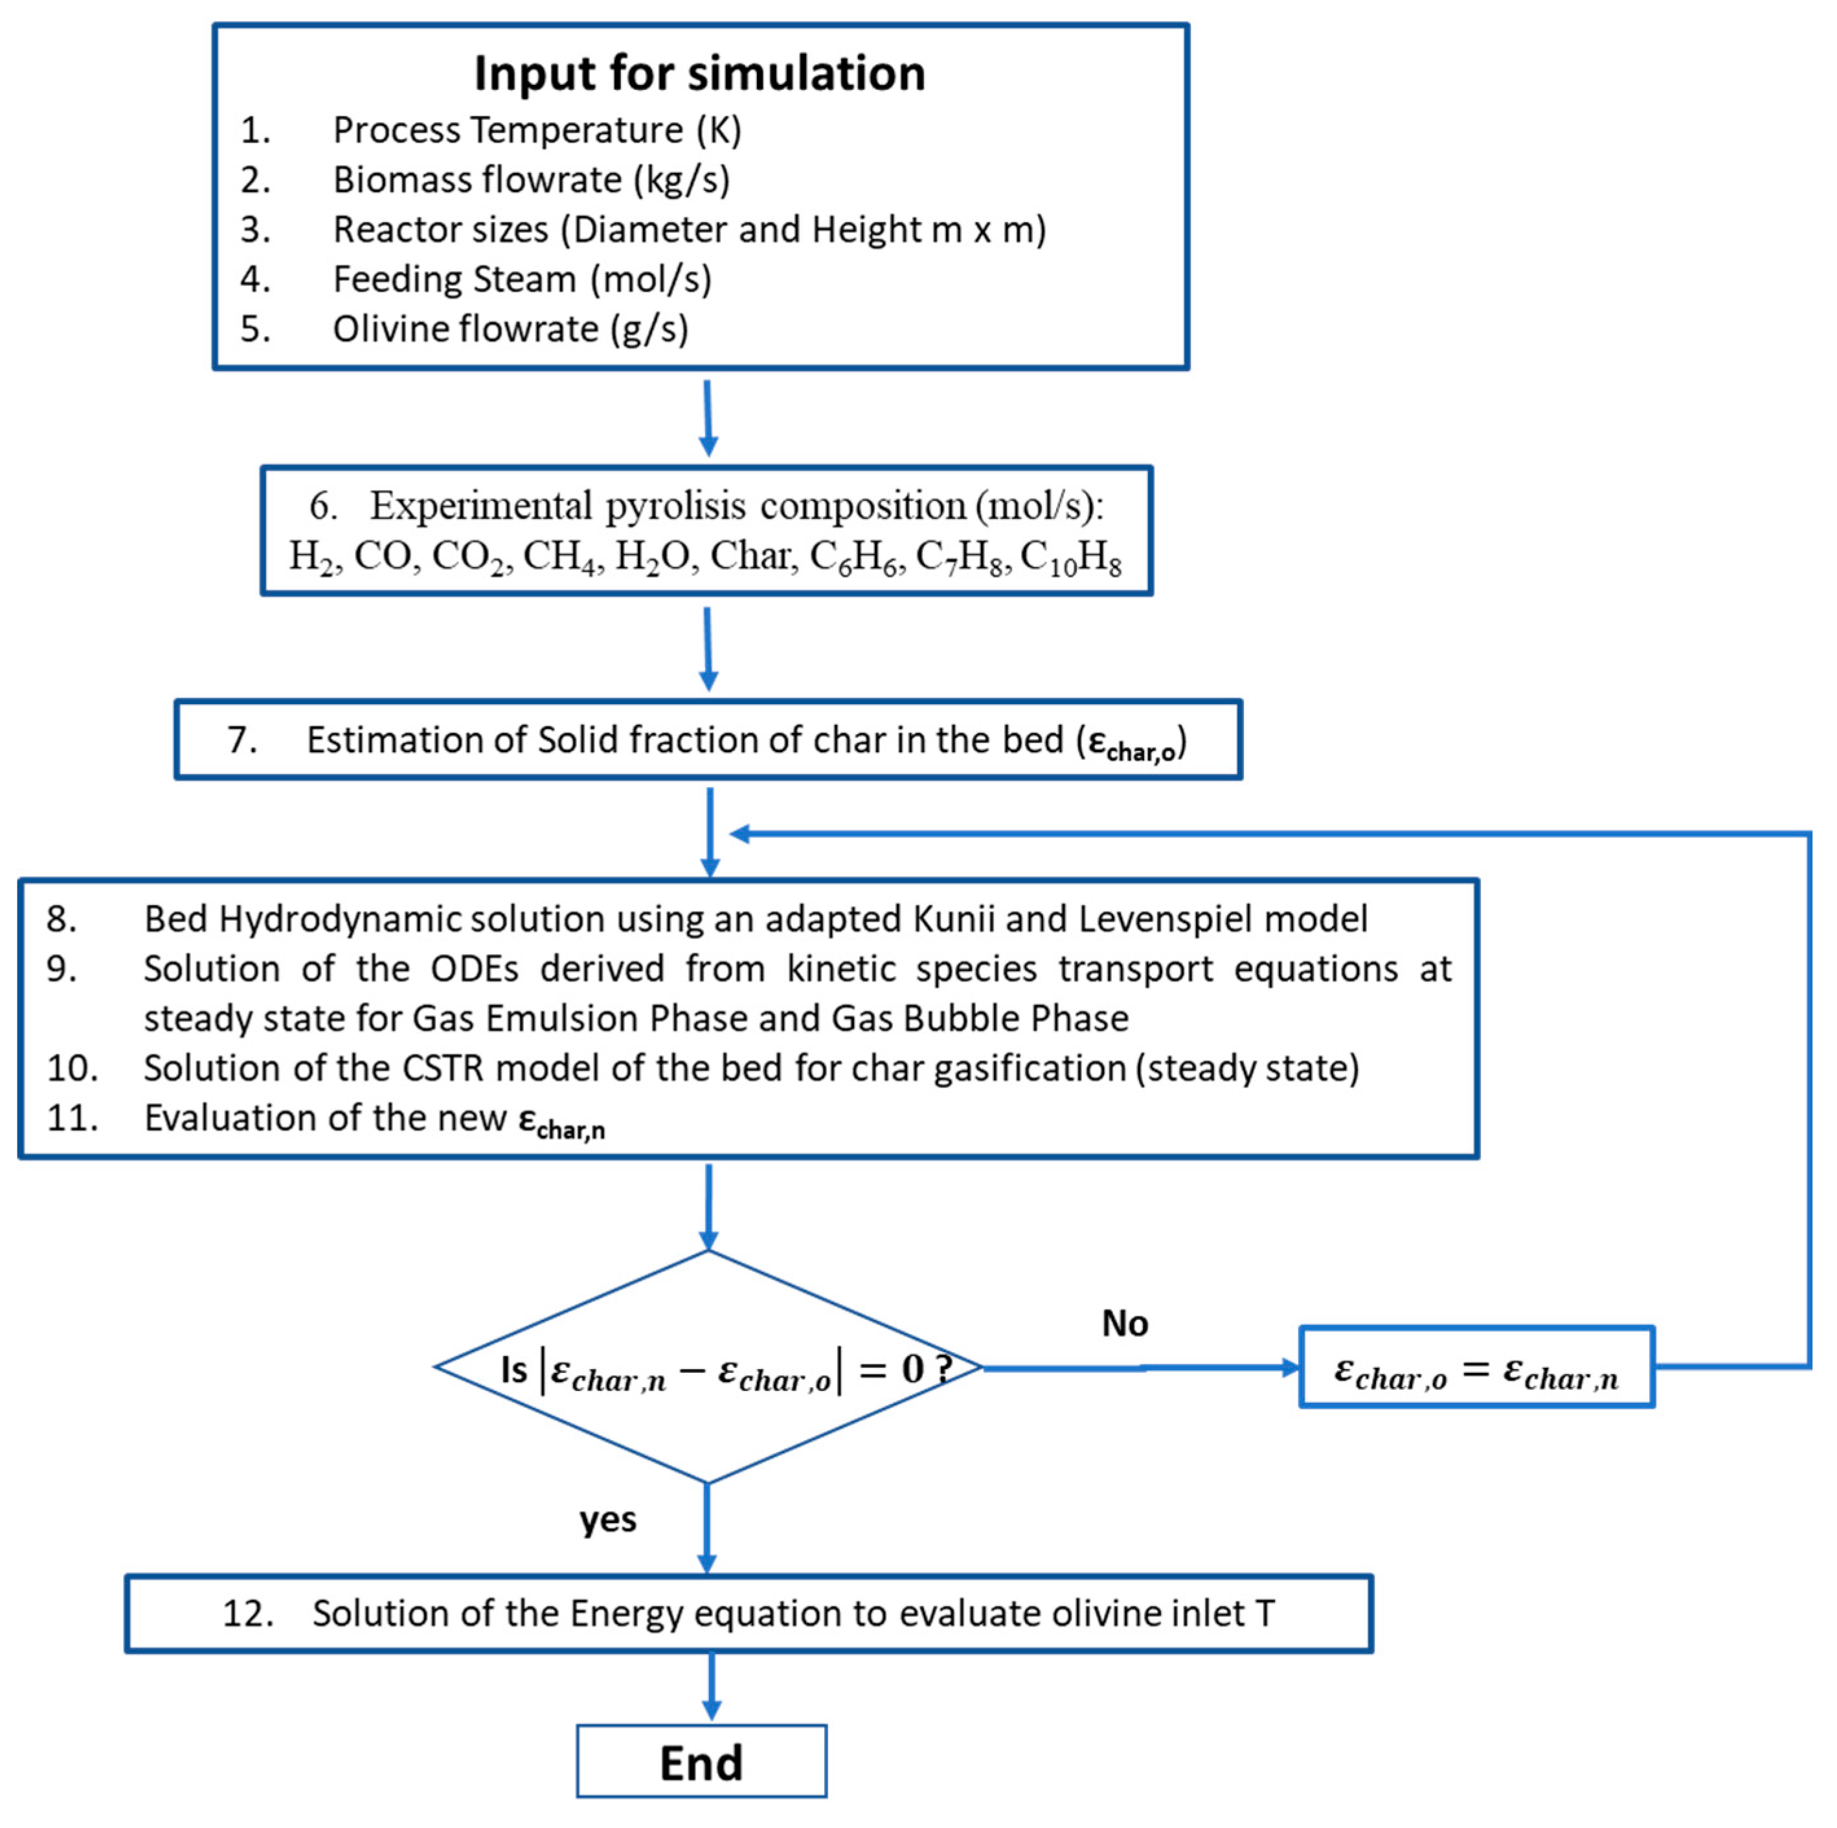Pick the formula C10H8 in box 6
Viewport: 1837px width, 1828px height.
[1070, 558]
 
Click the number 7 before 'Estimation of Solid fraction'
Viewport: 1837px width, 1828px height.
[242, 740]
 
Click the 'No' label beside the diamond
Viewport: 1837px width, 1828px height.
[1124, 1323]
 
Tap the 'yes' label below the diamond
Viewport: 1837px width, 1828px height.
[607, 1519]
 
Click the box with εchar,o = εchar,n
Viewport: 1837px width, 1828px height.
[1476, 1367]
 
